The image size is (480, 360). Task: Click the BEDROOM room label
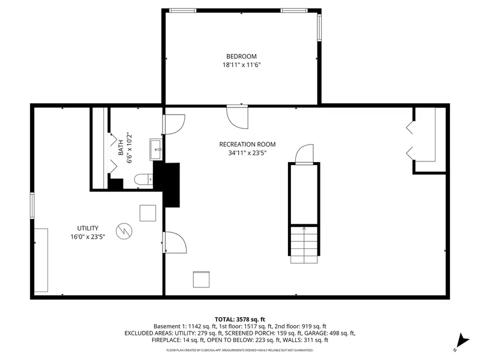pos(241,56)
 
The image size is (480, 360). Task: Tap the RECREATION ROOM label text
pos(247,144)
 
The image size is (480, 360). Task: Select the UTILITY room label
pos(88,228)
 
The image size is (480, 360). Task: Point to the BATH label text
pos(121,148)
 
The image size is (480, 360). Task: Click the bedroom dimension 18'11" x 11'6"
pos(241,65)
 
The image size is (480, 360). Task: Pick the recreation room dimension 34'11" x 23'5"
pos(247,153)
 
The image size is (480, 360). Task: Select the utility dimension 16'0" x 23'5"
pos(88,236)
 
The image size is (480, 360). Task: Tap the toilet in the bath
pos(143,179)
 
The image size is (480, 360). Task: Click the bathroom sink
pos(156,149)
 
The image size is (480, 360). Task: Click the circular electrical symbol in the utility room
pos(124,231)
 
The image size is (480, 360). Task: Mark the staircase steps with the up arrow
pos(304,244)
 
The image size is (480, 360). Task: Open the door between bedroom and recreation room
pos(237,117)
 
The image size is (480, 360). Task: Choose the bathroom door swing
pos(174,124)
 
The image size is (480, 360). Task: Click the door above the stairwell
pos(304,154)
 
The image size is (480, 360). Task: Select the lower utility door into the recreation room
pos(175,242)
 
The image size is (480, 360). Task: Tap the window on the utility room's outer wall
pos(32,205)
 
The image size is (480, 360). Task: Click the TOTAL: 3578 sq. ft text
pos(239,320)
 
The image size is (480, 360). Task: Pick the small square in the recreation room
pos(201,279)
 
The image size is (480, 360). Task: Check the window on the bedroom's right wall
pos(319,28)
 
